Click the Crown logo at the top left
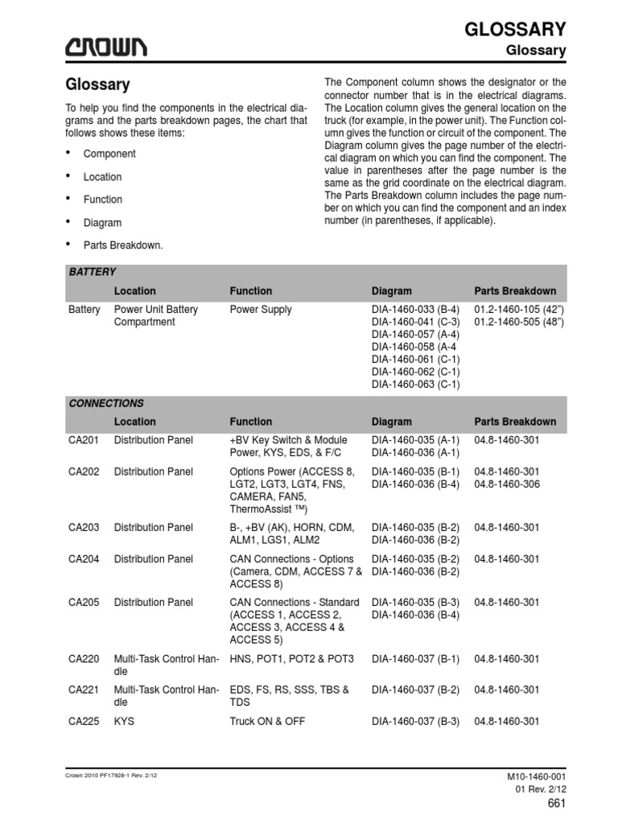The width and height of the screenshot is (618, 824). (x=106, y=48)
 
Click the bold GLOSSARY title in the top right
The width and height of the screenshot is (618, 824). (x=515, y=29)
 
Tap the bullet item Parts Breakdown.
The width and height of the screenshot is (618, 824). (x=123, y=245)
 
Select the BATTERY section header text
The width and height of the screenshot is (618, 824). (x=92, y=272)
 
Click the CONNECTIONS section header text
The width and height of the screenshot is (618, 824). (x=105, y=403)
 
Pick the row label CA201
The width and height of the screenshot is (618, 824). (x=84, y=440)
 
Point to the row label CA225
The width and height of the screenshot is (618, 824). (x=84, y=722)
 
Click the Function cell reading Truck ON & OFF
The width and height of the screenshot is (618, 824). (x=267, y=722)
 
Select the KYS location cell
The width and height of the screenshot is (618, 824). (x=124, y=722)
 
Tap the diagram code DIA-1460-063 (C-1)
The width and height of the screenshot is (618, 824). (x=415, y=385)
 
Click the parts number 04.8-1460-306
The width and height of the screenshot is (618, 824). (x=507, y=484)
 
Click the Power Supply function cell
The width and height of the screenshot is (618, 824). (x=261, y=309)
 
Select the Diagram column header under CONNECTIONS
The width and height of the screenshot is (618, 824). (x=391, y=422)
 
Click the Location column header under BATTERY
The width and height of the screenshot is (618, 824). (x=135, y=291)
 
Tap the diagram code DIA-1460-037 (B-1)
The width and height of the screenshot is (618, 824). (x=415, y=659)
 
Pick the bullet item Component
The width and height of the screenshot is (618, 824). (x=109, y=154)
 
